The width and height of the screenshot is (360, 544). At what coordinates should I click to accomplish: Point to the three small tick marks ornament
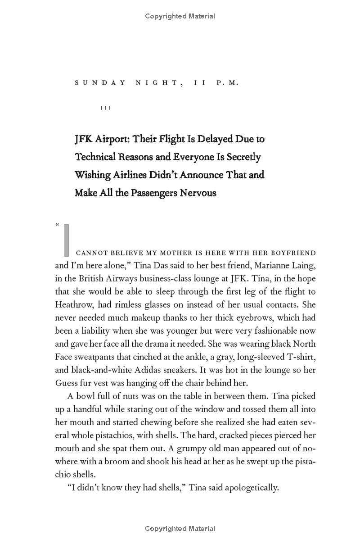(106, 108)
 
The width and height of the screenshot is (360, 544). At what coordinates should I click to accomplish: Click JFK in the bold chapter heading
(84, 139)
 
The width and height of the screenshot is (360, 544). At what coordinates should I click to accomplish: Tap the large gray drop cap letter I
(67, 240)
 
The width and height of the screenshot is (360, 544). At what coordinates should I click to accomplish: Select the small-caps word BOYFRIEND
(293, 253)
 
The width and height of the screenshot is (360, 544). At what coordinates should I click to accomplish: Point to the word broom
(118, 462)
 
